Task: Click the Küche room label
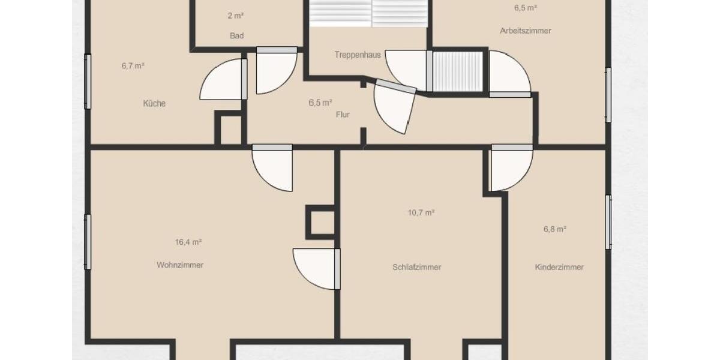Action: (154, 103)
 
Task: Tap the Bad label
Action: (237, 36)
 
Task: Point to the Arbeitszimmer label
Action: (525, 31)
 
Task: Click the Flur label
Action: (343, 115)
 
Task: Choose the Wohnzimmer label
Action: (180, 265)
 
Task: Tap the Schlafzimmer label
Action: (417, 267)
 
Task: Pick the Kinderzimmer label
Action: (559, 267)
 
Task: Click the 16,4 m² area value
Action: (188, 242)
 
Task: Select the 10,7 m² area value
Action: (421, 212)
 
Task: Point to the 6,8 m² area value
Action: (555, 229)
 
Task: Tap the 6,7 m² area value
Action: (133, 66)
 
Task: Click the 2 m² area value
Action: (236, 16)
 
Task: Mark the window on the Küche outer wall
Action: (88, 82)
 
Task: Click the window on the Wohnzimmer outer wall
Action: (88, 242)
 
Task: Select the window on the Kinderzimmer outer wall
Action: (608, 222)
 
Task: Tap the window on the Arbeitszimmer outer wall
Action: (608, 95)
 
